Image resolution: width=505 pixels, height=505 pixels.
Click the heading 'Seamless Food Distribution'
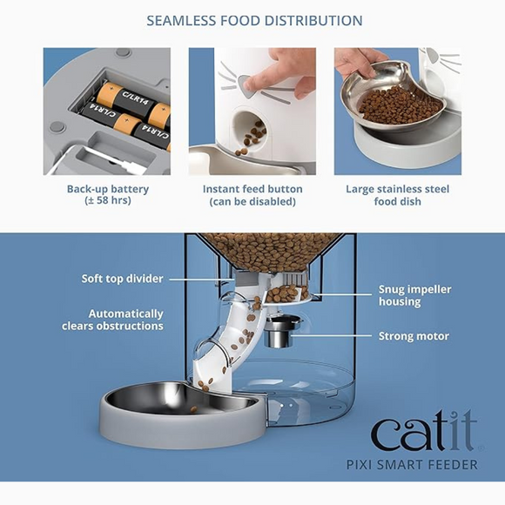point(254,20)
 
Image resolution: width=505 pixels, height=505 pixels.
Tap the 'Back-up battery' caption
point(108,189)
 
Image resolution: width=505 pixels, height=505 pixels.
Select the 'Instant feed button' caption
point(252,189)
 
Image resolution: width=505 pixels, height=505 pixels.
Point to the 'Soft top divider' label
point(122,279)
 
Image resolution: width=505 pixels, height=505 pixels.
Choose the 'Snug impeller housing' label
point(413,295)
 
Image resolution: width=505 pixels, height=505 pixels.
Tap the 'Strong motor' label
point(414,336)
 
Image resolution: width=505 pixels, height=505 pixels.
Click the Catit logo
point(423,433)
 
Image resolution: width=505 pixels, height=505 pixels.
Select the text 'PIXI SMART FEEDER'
point(424,464)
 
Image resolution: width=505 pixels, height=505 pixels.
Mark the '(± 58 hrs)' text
point(108,202)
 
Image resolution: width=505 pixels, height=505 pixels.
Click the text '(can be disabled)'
point(252,202)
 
